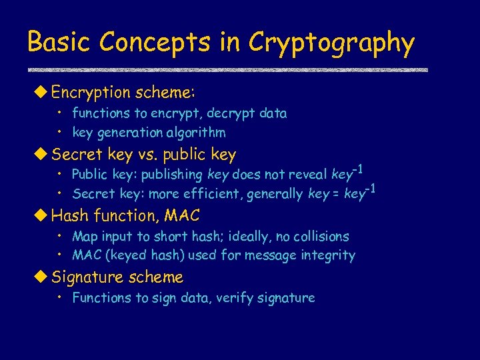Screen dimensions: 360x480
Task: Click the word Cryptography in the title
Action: (x=331, y=43)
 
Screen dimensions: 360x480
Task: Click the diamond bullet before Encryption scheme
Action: (x=43, y=91)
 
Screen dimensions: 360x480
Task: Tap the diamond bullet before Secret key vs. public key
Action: (x=43, y=155)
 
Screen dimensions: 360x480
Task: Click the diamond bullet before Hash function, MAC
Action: (x=43, y=215)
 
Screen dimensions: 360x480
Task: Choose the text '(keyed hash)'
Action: (x=145, y=255)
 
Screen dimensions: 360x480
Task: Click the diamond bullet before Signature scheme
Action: (x=43, y=277)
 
